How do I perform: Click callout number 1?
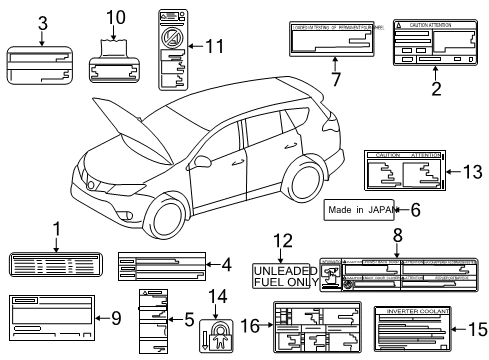click(x=56, y=229)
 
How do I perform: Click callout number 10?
click(x=115, y=17)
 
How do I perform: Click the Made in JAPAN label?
click(x=357, y=211)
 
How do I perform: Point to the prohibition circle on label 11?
click(x=172, y=41)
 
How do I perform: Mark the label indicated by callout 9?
click(x=50, y=319)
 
